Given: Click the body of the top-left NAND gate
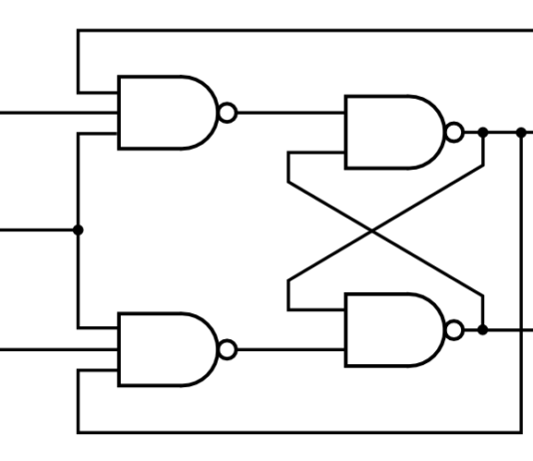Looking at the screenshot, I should [165, 112].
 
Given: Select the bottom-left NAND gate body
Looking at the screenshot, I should [165, 349].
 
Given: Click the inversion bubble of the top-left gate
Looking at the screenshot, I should [229, 112].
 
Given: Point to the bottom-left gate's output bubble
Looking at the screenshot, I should [229, 349].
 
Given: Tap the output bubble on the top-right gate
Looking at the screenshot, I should [455, 131].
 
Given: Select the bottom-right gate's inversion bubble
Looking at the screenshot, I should [455, 329].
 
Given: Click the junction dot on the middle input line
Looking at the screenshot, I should [78, 230].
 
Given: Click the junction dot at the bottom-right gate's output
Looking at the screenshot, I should [483, 329].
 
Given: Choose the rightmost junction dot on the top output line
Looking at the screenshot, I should [521, 131].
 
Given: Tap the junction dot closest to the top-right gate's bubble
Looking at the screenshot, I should [483, 131].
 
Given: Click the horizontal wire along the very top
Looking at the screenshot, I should [299, 31].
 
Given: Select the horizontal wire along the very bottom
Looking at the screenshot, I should [299, 432].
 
